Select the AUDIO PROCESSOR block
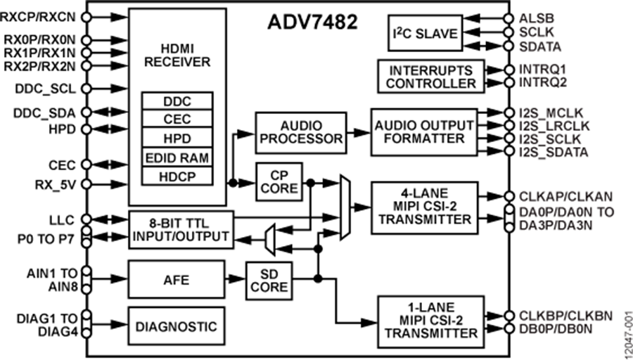301,131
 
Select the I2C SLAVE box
425,33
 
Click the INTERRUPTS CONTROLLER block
431,77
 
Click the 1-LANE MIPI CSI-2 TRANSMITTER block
430,322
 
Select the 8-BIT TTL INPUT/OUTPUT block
180,229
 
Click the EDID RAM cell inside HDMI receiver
177,156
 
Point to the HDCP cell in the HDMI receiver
177,174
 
